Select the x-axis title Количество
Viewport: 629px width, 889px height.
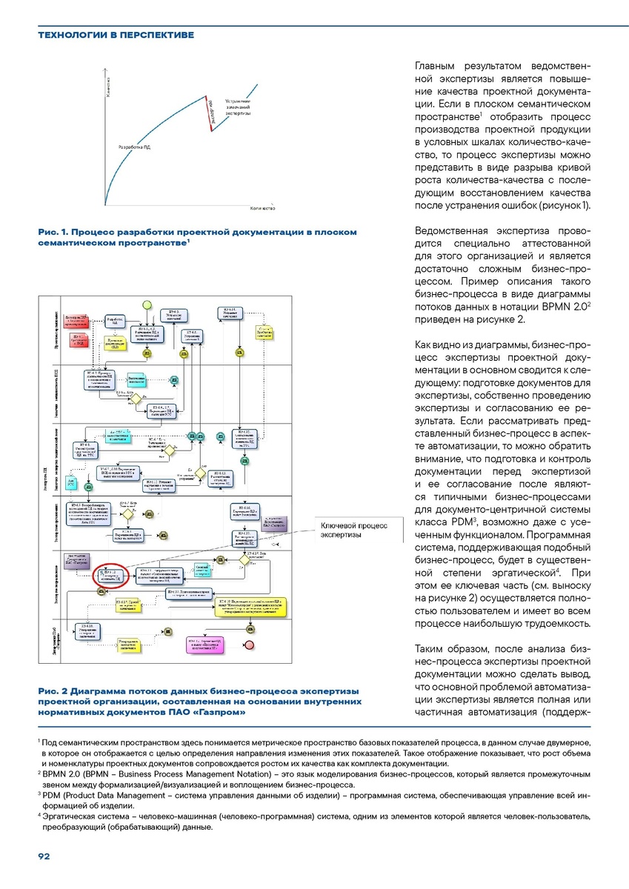click(263, 208)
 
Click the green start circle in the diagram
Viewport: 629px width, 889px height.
click(147, 305)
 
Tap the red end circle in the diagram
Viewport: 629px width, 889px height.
click(249, 644)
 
